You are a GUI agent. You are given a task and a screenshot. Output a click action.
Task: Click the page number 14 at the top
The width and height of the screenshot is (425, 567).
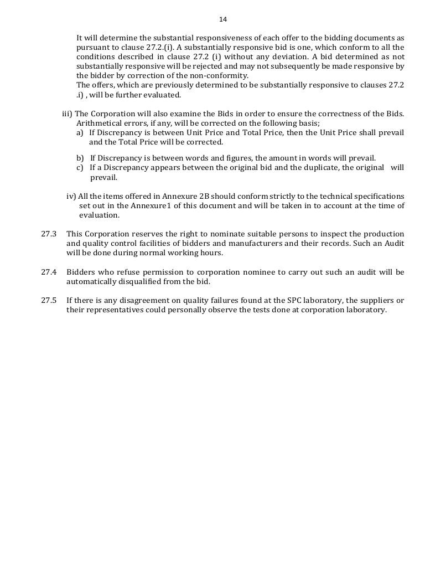[x=222, y=19]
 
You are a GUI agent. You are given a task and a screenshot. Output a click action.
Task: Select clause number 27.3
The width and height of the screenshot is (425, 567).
[x=49, y=234]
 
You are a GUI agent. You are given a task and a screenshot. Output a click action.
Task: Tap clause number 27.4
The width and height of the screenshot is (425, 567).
[x=49, y=272]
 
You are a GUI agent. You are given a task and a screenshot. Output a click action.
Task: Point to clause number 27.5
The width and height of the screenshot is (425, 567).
[x=49, y=301]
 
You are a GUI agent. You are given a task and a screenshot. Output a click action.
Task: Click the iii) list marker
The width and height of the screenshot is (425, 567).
[x=67, y=114]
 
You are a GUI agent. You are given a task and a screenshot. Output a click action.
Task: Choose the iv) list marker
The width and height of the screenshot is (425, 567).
[x=71, y=197]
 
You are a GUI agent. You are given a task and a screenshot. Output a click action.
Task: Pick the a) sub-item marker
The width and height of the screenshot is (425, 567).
[x=80, y=133]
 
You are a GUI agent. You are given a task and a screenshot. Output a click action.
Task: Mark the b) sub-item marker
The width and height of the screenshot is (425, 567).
[x=80, y=158]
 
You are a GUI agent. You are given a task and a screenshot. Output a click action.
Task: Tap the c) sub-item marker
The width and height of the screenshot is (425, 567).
[x=80, y=168]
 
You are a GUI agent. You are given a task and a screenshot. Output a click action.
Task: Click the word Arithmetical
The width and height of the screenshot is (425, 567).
[x=98, y=123]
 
